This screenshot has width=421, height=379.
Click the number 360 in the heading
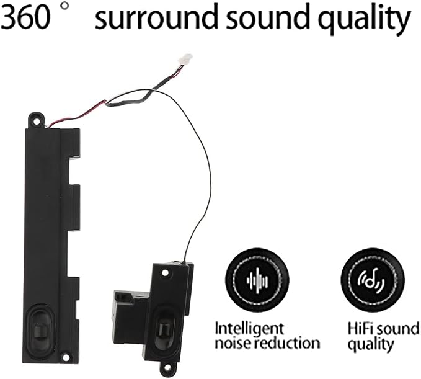(x=25, y=16)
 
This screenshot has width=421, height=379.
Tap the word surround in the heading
(x=156, y=16)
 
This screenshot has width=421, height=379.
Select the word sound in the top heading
(x=267, y=16)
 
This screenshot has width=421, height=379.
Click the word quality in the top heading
(x=365, y=18)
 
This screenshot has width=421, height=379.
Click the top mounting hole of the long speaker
(x=36, y=122)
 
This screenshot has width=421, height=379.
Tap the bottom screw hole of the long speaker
(x=66, y=357)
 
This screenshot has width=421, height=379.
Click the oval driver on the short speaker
(x=163, y=328)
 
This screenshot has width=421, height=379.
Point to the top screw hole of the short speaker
(x=165, y=273)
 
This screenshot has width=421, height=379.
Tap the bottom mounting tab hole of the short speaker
(x=167, y=367)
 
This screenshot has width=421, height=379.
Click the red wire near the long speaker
(x=78, y=114)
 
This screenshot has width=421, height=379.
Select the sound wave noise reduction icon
(x=257, y=280)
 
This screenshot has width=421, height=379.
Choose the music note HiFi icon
(x=372, y=280)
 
